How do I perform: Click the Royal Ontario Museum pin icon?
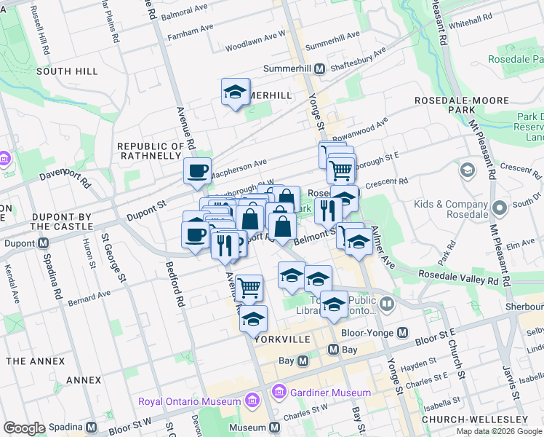tap(252, 401)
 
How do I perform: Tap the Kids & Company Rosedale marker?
tap(499, 208)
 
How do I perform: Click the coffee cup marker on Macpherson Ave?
tap(197, 172)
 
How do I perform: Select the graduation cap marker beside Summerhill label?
tap(235, 92)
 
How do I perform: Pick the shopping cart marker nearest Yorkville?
tap(249, 288)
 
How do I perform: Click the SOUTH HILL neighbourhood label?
tap(67, 71)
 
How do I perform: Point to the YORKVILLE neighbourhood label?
tap(283, 340)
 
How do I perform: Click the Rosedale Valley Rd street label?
tap(458, 277)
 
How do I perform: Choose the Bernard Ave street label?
tap(89, 298)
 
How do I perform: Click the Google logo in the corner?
tap(24, 428)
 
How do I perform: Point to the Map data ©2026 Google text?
tap(498, 431)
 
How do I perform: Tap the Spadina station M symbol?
tap(91, 428)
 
